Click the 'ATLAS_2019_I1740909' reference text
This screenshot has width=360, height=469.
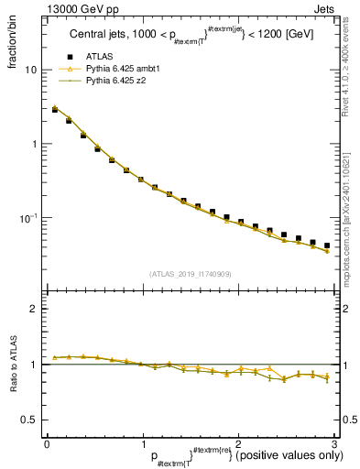[190, 274]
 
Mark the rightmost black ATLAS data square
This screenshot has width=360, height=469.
[327, 245]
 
